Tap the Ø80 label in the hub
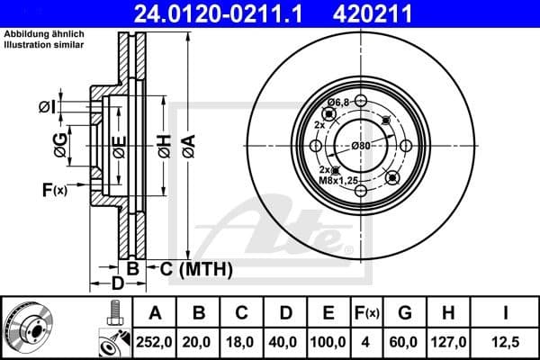click(x=361, y=145)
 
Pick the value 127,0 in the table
click(x=446, y=341)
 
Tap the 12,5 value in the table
click(x=507, y=341)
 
